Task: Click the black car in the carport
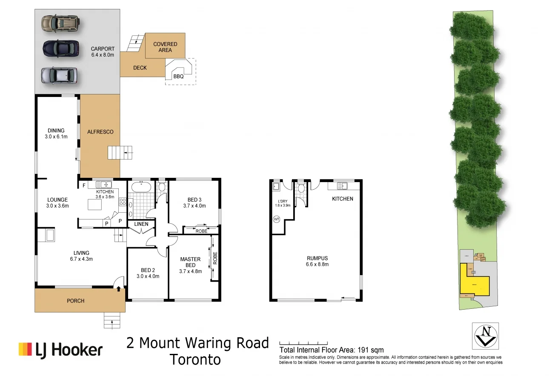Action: [x=60, y=48]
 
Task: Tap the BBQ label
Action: [x=178, y=77]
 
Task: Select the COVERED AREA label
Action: [x=165, y=47]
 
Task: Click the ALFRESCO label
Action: [x=100, y=132]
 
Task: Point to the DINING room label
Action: [x=56, y=131]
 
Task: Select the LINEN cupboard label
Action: [x=141, y=224]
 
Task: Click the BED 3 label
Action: [x=194, y=199]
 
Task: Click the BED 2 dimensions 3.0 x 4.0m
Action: [x=148, y=276]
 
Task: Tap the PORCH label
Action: [x=76, y=301]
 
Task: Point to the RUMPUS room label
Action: [x=317, y=258]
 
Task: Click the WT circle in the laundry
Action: [x=276, y=219]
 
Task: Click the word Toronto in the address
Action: [x=195, y=359]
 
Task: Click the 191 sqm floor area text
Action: [x=371, y=350]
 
